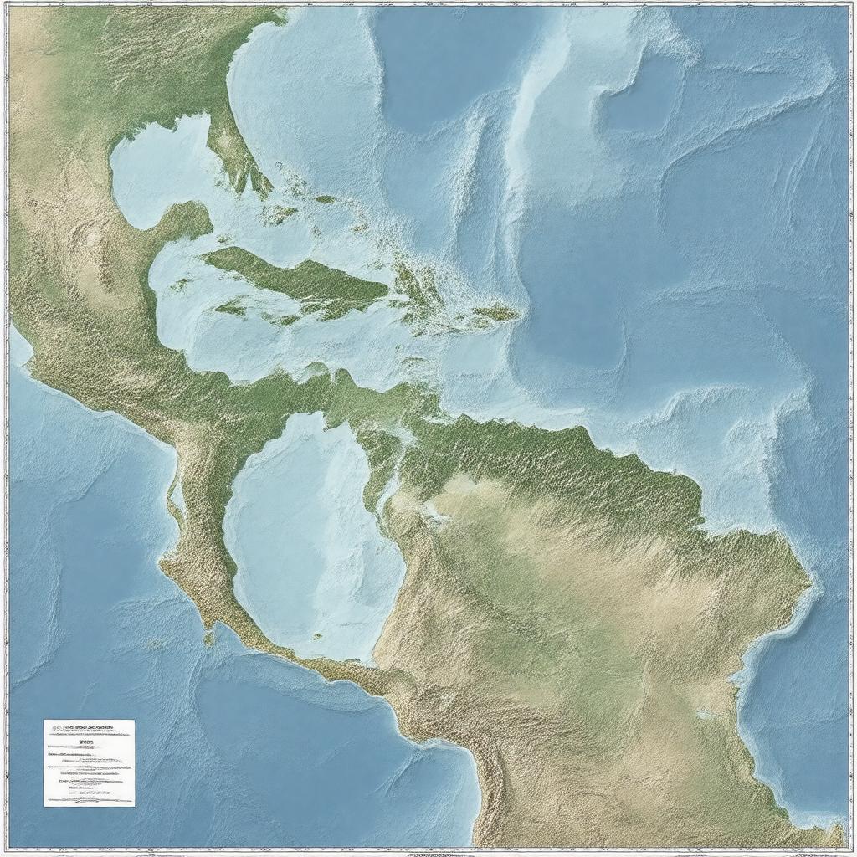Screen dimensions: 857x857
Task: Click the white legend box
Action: [x=89, y=762]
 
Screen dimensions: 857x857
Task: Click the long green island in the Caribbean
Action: [x=301, y=280]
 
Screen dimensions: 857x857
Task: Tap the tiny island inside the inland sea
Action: [x=317, y=636]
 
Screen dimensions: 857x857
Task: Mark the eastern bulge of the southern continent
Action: [x=795, y=577]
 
